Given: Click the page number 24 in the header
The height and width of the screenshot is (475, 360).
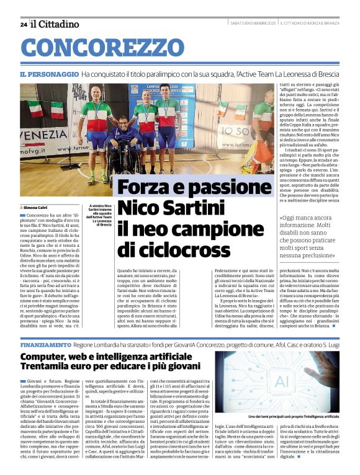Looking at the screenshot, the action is [x=23, y=24].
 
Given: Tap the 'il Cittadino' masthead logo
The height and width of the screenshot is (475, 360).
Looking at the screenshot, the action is [x=55, y=24].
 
